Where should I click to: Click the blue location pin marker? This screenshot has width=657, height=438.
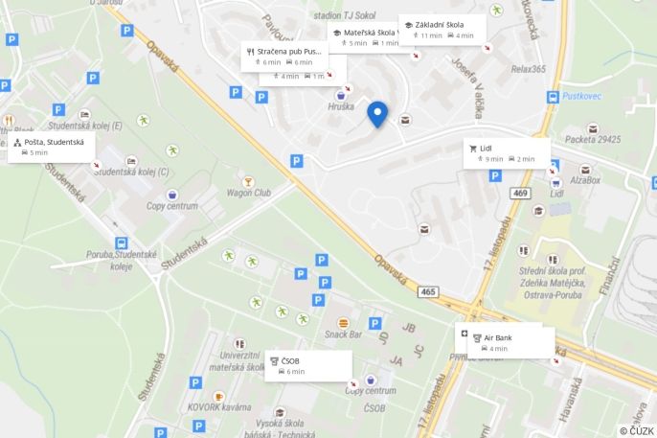pos(377,114)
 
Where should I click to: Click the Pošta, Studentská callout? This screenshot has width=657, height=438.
pos(54,147)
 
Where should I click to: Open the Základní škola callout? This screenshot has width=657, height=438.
pos(442,30)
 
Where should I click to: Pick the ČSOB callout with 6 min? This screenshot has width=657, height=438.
pos(306,365)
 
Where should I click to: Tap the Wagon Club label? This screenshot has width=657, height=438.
pos(248,193)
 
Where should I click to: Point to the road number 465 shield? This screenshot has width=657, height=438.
pos(427,291)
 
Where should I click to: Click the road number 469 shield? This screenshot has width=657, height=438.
pos(520,194)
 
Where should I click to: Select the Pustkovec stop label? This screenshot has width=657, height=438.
pos(581,98)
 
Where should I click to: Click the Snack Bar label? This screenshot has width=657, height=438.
pos(343,334)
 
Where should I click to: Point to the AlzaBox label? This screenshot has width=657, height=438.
pos(584,179)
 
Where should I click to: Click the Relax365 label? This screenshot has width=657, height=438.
pos(528,69)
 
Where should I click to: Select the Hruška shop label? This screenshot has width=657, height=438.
pos(341,106)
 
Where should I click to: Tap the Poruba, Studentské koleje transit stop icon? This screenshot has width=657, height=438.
pos(122,243)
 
